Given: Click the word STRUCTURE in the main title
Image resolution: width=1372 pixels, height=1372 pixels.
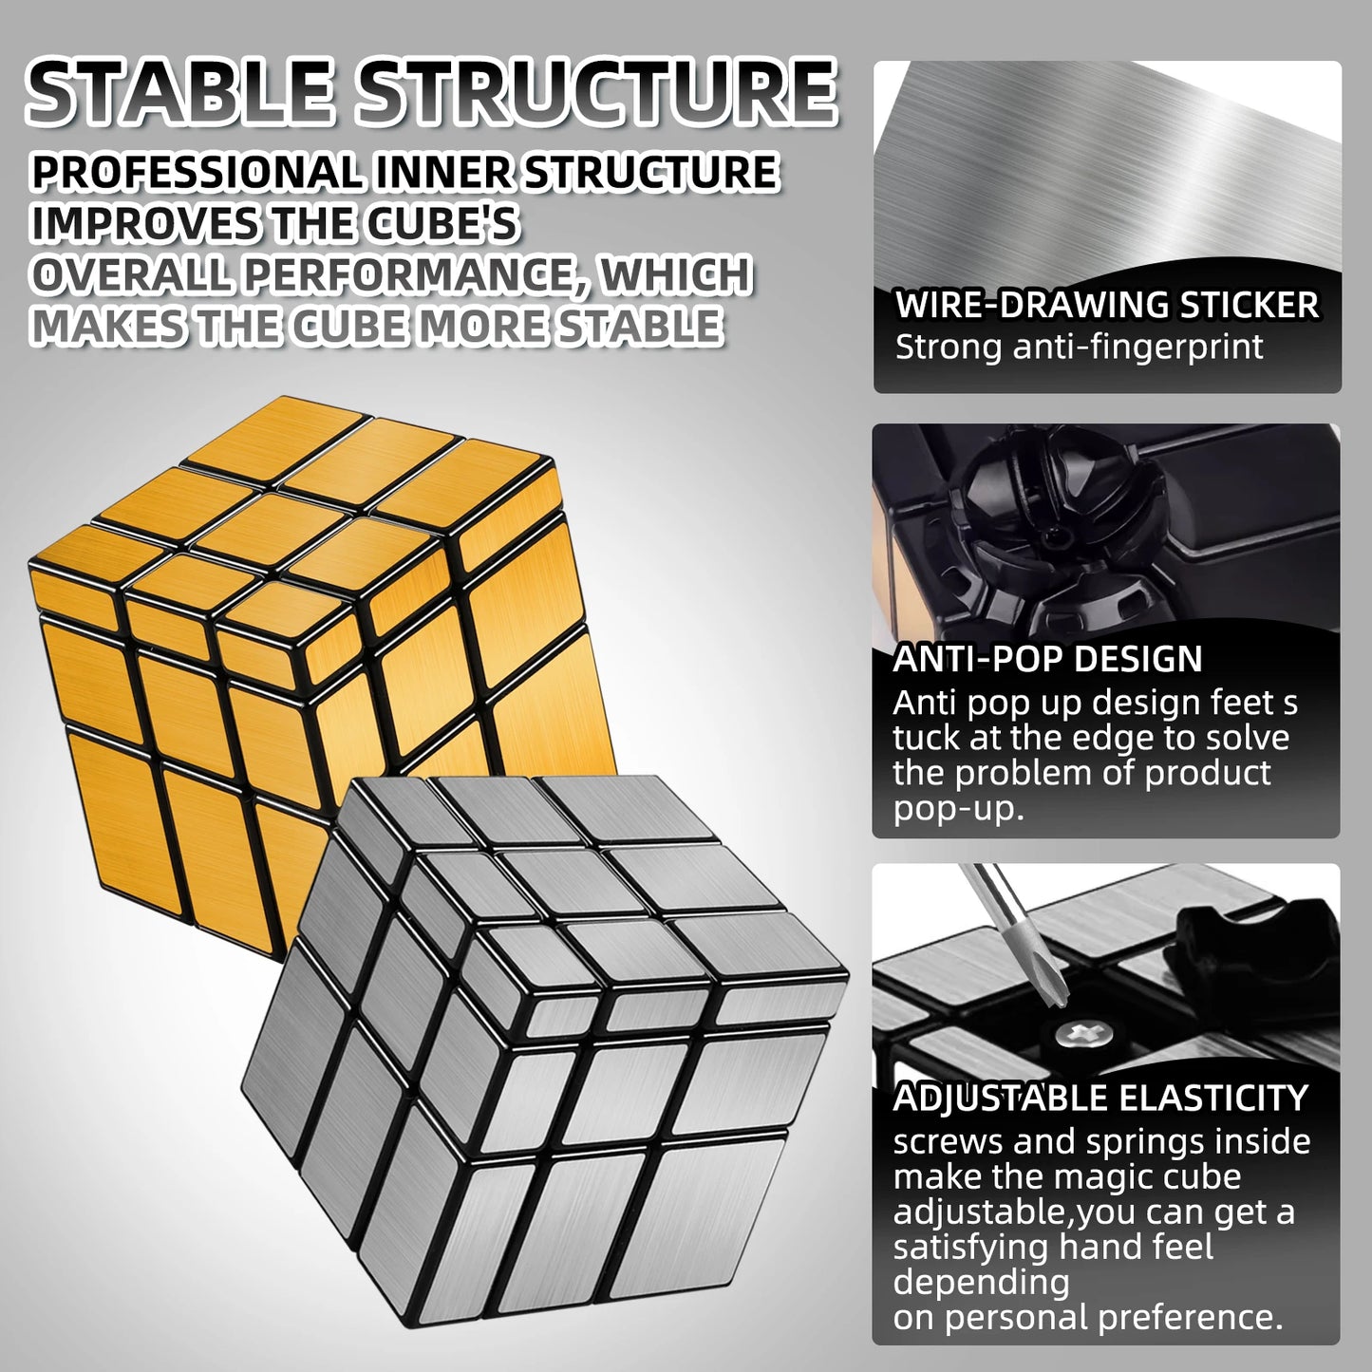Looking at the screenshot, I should [596, 92].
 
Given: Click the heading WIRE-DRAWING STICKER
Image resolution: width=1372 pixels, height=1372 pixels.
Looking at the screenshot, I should [1107, 305].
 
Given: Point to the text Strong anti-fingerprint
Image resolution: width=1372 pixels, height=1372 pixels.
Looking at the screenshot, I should [1079, 347].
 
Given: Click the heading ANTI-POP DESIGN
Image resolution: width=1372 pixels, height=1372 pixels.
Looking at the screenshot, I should [1048, 659].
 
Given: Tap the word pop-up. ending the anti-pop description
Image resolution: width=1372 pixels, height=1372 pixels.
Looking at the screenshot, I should [959, 810].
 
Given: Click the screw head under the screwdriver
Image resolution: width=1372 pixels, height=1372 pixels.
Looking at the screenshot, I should [1076, 1032].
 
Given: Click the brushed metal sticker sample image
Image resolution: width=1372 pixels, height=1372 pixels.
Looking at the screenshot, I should [1107, 171].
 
